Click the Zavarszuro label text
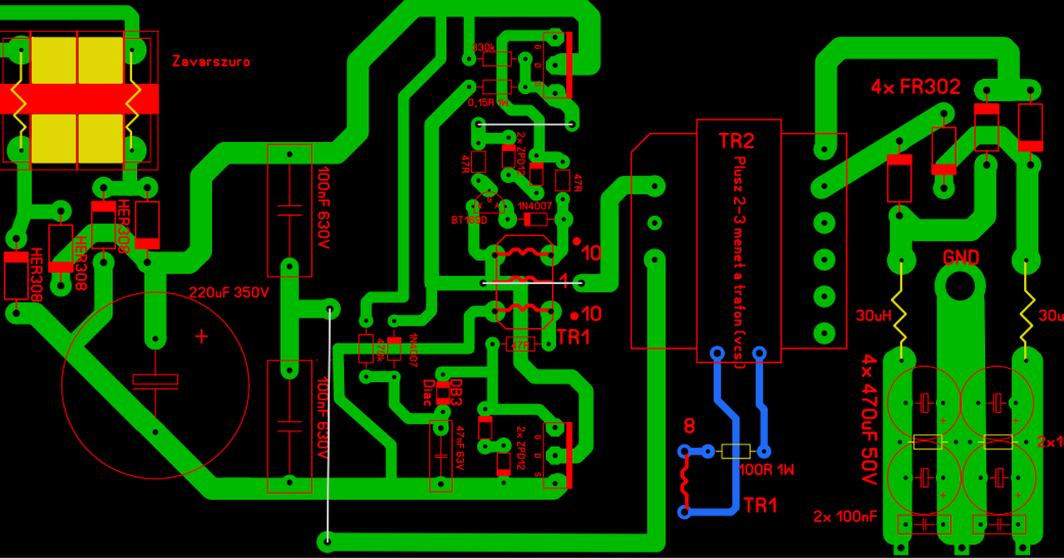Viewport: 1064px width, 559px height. tap(211, 61)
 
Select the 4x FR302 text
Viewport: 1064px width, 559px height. tap(915, 87)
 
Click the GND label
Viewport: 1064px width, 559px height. tap(960, 257)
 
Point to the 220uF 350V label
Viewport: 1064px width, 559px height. tap(229, 293)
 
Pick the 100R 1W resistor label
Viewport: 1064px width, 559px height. tap(766, 470)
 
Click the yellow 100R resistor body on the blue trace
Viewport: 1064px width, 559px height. tap(736, 451)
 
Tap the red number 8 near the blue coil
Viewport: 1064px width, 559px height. tap(688, 428)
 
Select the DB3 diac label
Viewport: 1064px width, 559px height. tap(455, 392)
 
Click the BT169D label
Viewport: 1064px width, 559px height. tap(469, 220)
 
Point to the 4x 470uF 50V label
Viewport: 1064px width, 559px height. tap(869, 420)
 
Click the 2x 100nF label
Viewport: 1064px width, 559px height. tap(845, 517)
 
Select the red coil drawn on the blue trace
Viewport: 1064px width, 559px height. tap(684, 482)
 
